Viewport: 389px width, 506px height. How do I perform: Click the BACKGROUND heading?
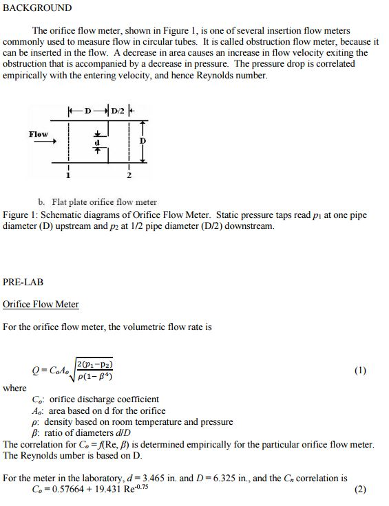coord(37,8)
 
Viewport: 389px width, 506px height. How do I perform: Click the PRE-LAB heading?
coord(24,282)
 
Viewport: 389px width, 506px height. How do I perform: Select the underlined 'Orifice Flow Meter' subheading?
coord(41,305)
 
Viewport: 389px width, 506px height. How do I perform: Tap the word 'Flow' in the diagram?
coord(39,134)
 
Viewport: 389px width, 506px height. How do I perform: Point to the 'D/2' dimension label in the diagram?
coord(118,110)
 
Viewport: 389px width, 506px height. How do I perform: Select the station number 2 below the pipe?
coord(129,176)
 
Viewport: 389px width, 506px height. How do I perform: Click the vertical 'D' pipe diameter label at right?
coord(143,140)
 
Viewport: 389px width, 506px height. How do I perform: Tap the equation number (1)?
coord(360,371)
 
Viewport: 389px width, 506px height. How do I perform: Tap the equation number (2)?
coord(360,490)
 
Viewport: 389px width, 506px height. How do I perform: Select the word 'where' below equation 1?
coord(14,388)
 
